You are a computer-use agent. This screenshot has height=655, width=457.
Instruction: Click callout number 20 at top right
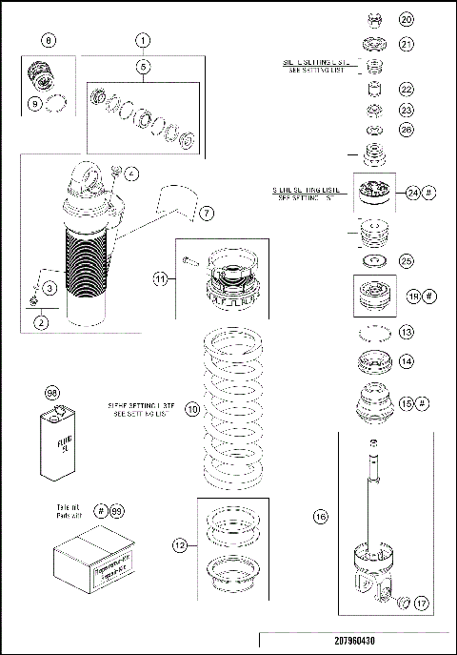[x=407, y=19]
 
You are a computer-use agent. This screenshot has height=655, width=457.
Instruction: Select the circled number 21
[x=407, y=44]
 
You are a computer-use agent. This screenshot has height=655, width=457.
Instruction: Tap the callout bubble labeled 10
[x=191, y=409]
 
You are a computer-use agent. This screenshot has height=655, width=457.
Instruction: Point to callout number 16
[x=320, y=517]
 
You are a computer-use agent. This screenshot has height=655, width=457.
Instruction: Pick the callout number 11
[x=161, y=279]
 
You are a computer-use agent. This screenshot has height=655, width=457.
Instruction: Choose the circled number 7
[x=207, y=211]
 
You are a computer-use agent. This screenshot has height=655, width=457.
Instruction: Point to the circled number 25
[x=407, y=260]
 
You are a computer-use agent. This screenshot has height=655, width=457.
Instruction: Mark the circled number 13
[x=407, y=333]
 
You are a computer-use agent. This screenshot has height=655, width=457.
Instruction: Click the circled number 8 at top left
[x=50, y=41]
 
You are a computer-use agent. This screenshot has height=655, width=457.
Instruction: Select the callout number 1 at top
[x=143, y=41]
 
